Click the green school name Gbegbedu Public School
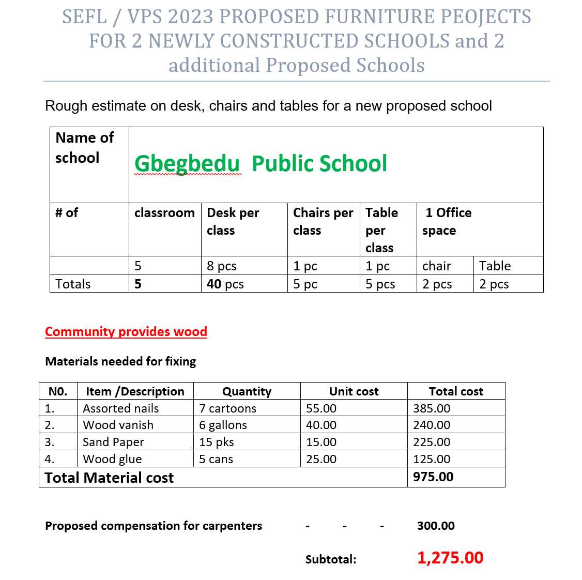point(261,163)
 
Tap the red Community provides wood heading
point(126,331)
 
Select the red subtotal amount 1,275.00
point(450,558)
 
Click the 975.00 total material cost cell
point(433,477)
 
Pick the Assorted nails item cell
point(121,408)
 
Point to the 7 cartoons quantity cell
point(228,408)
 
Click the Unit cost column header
point(354,391)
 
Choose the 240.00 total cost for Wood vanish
point(432,425)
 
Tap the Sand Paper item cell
point(113,442)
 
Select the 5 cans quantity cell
point(216,459)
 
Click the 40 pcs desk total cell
point(225,284)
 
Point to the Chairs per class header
point(323,221)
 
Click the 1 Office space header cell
point(448,221)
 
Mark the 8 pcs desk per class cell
point(222,266)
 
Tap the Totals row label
point(73,284)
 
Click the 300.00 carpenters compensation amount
point(436,526)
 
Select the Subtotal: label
point(331,559)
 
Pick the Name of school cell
point(85,148)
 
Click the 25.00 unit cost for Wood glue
point(321,459)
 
